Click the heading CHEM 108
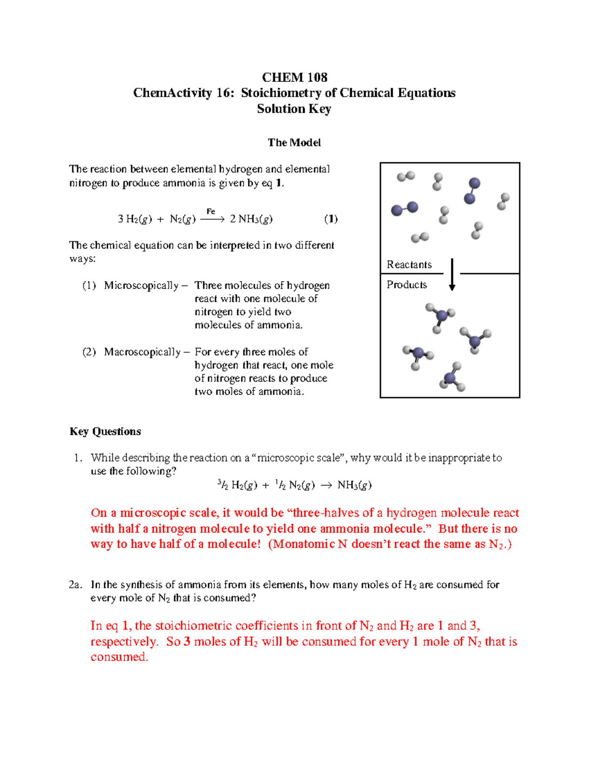pyautogui.click(x=294, y=78)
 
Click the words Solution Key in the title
pyautogui.click(x=294, y=109)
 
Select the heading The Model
pyautogui.click(x=294, y=143)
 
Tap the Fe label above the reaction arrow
pyautogui.click(x=211, y=211)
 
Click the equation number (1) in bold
pyautogui.click(x=331, y=219)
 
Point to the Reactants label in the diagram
pyautogui.click(x=409, y=265)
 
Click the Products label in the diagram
pyautogui.click(x=406, y=285)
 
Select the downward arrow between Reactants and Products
pyautogui.click(x=452, y=275)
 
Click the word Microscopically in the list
pyautogui.click(x=141, y=286)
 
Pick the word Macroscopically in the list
pyautogui.click(x=142, y=352)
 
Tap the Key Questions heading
pyautogui.click(x=105, y=432)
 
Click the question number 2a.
pyautogui.click(x=75, y=585)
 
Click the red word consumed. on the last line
pyautogui.click(x=119, y=657)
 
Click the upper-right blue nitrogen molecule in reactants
pyautogui.click(x=472, y=191)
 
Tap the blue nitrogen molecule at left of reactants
pyautogui.click(x=404, y=209)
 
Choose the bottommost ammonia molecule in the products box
pyautogui.click(x=452, y=378)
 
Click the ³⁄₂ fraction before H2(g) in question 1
pyautogui.click(x=223, y=485)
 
